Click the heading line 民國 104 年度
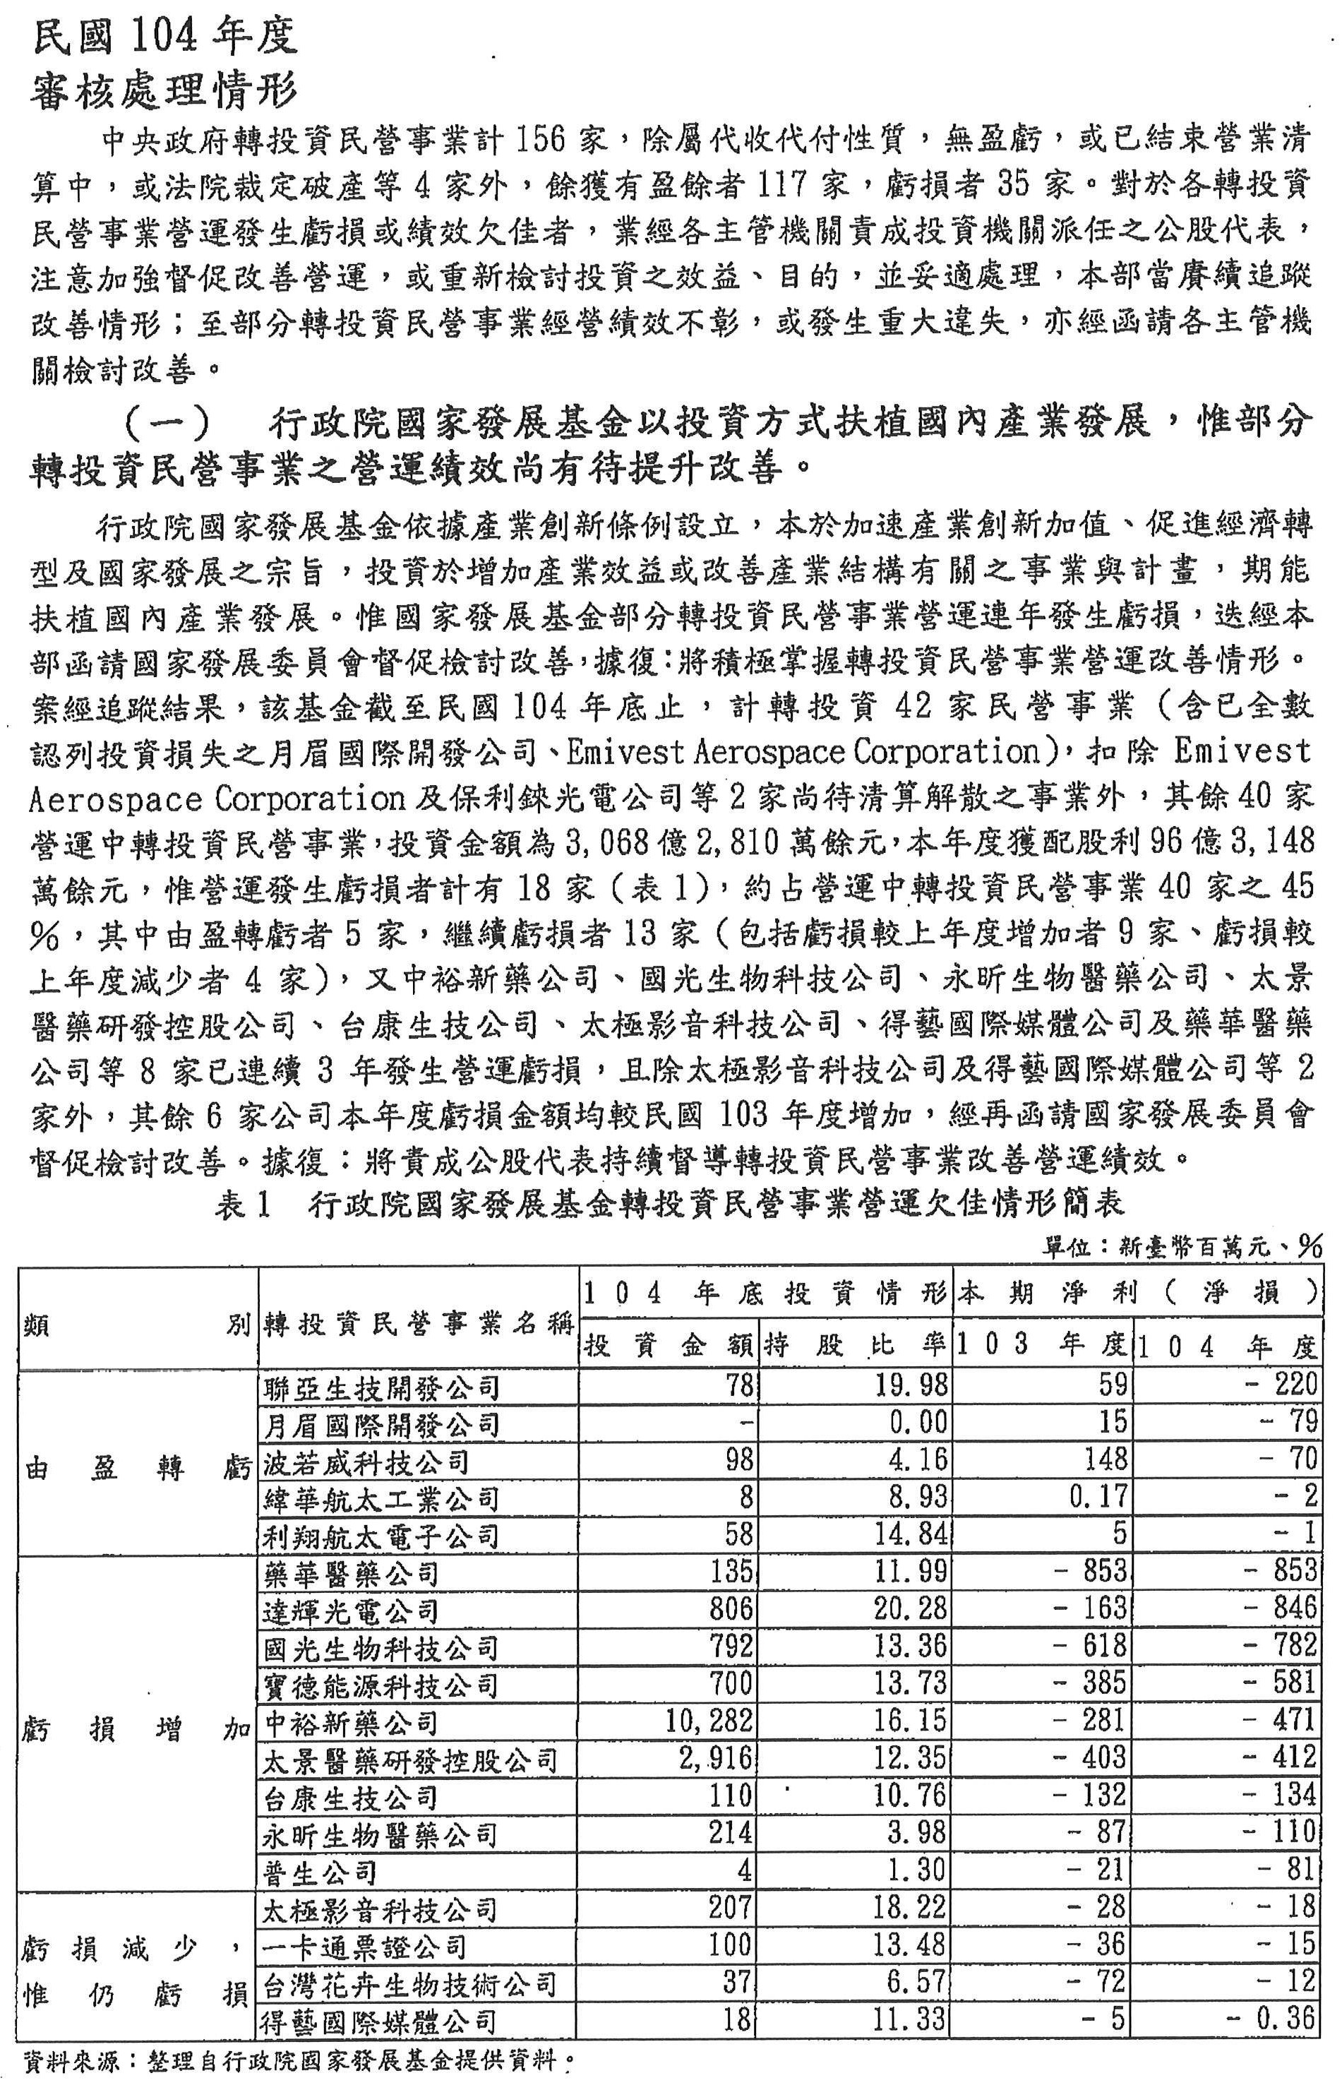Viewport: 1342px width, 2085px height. tap(164, 37)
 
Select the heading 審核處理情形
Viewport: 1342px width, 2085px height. tap(164, 90)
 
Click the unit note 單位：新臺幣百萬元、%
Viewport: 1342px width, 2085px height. tap(1182, 1248)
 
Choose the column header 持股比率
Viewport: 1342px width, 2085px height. tap(855, 1347)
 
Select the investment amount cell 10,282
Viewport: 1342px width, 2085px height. tap(707, 1721)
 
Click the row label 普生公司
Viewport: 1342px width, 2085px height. tap(320, 1872)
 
